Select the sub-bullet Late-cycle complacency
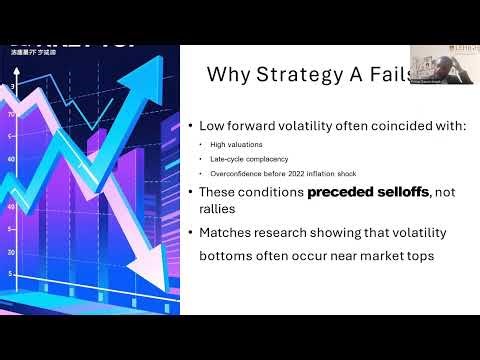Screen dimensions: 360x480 tap(248, 159)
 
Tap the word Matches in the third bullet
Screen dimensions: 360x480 tap(232, 233)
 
